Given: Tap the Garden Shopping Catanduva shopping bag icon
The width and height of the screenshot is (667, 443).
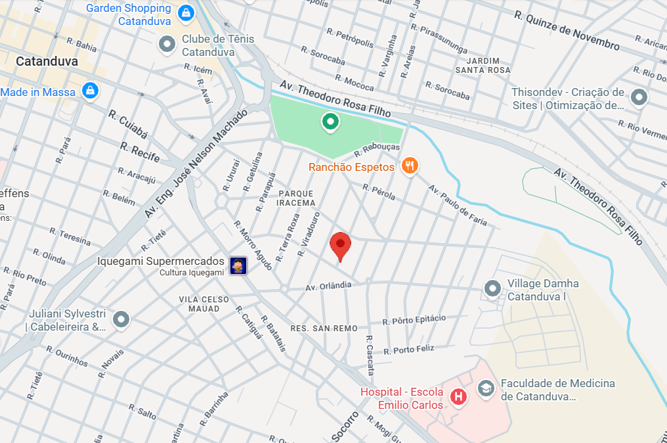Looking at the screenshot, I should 186,12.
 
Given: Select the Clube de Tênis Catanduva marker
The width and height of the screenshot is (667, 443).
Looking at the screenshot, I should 167,45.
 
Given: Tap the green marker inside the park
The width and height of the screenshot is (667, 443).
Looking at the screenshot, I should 329,122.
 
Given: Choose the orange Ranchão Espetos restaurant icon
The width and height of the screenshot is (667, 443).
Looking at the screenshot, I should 410,166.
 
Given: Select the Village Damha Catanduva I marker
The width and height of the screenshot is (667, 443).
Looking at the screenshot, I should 492,288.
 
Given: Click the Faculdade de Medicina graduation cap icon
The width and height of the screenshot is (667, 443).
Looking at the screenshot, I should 486,388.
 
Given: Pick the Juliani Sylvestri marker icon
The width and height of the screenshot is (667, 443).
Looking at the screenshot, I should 121,319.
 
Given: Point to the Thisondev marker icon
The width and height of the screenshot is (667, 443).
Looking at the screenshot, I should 638,98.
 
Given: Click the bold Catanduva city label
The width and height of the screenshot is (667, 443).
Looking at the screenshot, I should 47,61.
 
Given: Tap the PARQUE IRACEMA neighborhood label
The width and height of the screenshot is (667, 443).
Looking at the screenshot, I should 297,198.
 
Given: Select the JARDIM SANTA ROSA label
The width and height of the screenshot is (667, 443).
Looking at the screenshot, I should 483,65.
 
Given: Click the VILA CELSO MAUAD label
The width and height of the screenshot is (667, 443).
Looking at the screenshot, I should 204,304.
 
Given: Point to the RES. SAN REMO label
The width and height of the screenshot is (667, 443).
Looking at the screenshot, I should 314,328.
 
